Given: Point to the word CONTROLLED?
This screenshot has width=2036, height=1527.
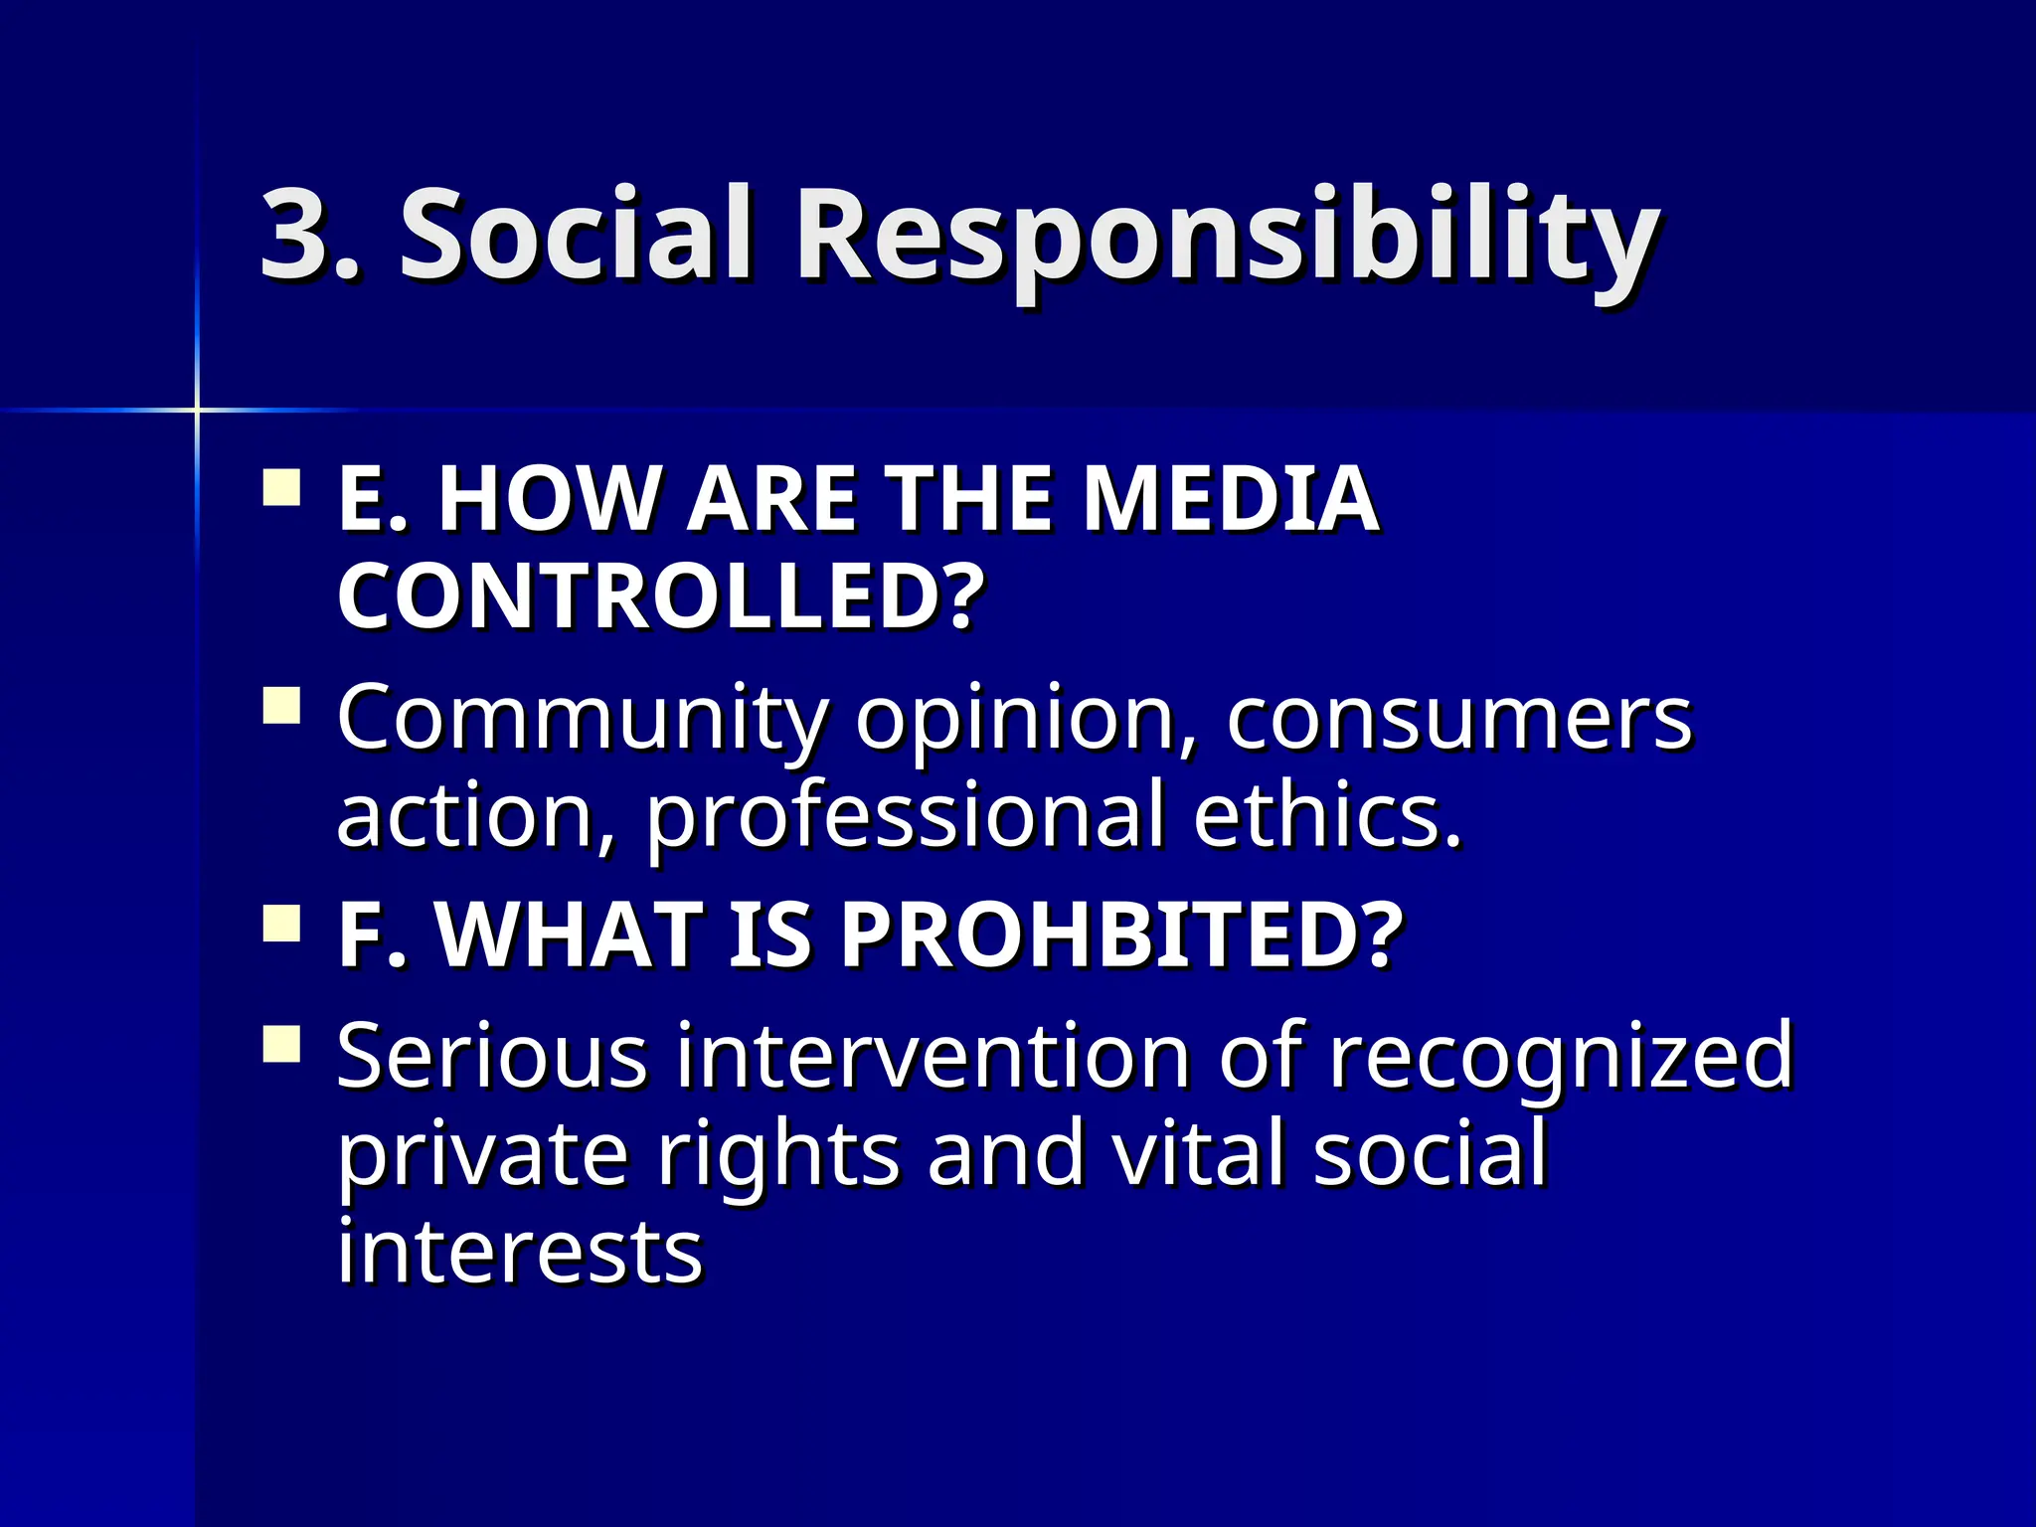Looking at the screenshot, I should click(x=661, y=595).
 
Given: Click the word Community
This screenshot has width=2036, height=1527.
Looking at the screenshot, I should click(x=582, y=719).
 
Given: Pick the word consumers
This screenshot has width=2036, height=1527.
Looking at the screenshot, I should click(x=1458, y=717).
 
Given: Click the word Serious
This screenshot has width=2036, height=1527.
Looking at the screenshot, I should click(x=492, y=1055).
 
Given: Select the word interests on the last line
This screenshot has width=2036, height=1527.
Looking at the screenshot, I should click(x=520, y=1250).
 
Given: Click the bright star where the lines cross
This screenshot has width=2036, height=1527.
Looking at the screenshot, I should click(x=197, y=409).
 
